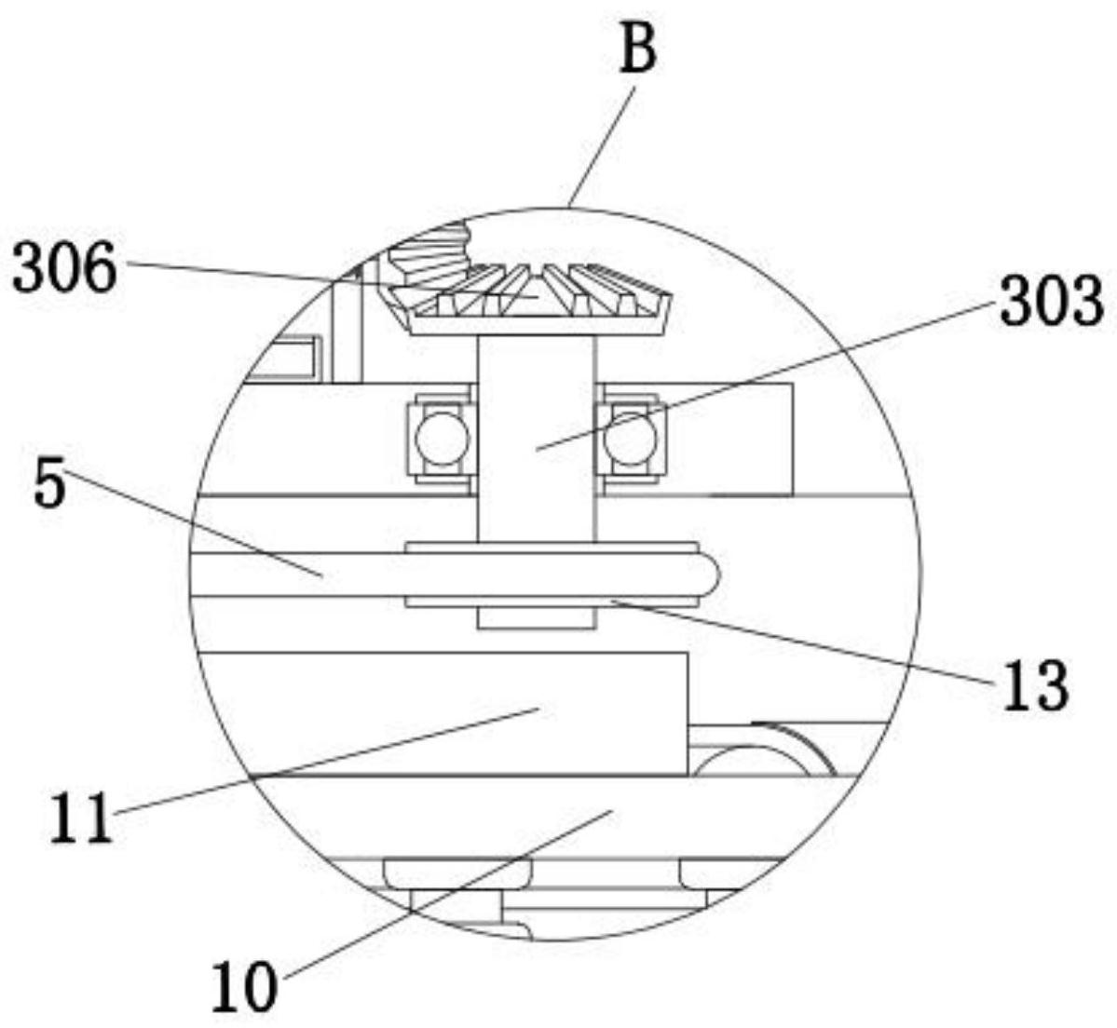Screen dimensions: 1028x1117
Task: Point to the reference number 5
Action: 50,484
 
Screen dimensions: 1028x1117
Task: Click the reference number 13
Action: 1035,685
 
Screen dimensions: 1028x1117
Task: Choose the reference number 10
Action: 244,987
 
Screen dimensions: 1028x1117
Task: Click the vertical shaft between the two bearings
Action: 536,438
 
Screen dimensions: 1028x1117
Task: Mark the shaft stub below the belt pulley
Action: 536,617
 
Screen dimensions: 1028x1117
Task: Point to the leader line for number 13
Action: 801,642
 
